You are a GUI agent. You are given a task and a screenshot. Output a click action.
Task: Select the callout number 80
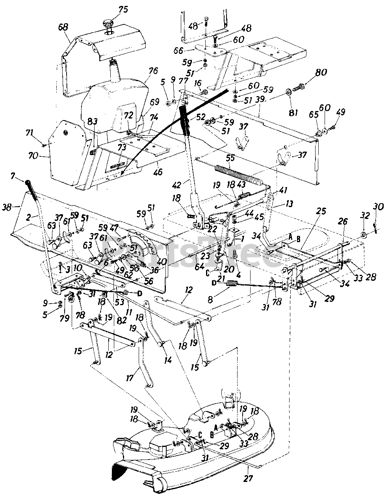[x=321, y=73]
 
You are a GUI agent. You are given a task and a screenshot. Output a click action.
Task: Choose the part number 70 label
[x=33, y=156]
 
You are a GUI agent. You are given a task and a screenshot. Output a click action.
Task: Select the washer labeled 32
[x=363, y=235]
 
